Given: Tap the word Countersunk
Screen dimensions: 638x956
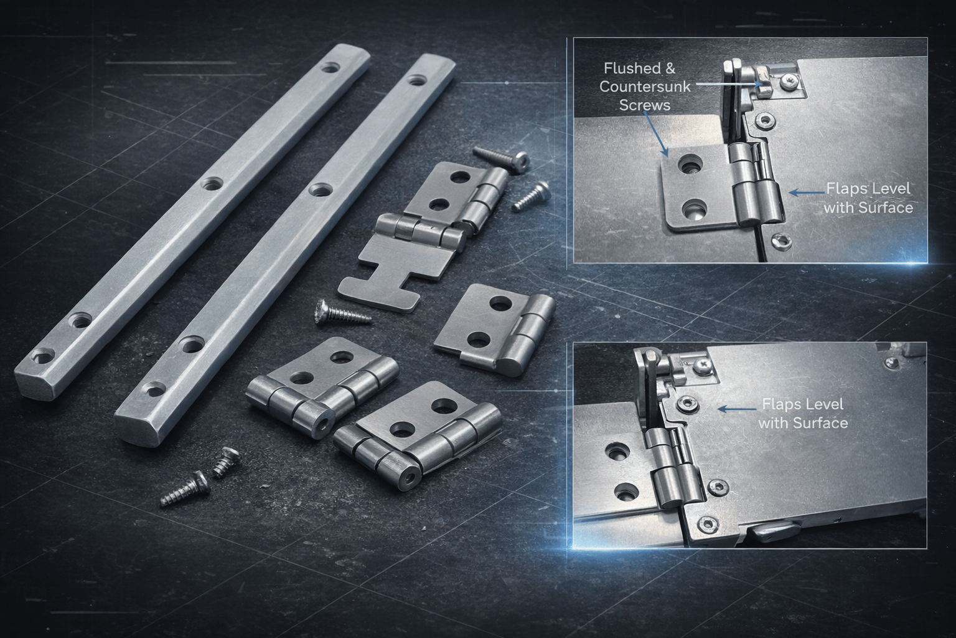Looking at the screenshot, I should coord(645,87).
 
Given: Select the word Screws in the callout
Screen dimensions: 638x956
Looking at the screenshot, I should coord(645,105).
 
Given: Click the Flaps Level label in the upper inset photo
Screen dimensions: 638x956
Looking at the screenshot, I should coord(869,188).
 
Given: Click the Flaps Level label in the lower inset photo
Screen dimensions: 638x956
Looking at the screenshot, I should coord(803,404).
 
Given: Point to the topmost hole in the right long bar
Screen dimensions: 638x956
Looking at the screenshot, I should coord(416,80).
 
